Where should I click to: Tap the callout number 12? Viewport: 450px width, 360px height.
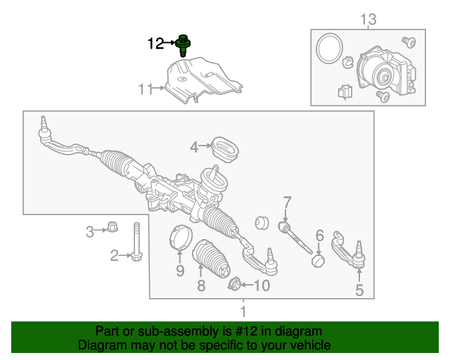(155, 44)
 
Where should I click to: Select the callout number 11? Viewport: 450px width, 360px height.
(146, 89)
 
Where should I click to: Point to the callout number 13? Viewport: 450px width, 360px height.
(368, 19)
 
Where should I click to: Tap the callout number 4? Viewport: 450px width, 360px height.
(194, 147)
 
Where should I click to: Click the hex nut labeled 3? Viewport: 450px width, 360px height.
(111, 228)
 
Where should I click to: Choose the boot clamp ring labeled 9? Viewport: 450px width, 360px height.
(181, 237)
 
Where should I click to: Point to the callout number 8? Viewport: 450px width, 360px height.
(201, 286)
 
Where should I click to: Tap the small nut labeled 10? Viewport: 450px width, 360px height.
(234, 284)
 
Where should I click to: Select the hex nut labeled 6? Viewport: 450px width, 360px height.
(319, 261)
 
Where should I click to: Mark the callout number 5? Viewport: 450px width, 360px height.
(359, 290)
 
